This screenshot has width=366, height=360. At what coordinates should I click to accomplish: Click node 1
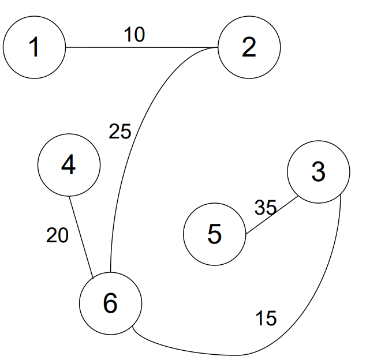pos(34,47)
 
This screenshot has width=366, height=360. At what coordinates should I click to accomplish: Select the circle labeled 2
pos(249,47)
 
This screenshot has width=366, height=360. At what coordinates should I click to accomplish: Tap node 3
pos(319,172)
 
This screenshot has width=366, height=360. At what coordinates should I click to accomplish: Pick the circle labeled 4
pos(69,165)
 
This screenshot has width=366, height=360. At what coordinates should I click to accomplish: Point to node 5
pos(215,234)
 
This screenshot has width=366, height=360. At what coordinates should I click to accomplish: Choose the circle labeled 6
pos(110,303)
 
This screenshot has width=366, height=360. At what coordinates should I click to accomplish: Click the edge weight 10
pos(134,34)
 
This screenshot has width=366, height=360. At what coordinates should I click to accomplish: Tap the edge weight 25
pos(120,132)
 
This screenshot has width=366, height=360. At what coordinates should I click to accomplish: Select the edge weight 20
pos(57,235)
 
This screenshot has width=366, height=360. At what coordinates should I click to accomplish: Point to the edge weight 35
pos(266,208)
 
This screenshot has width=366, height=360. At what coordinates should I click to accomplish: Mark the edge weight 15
pos(266,318)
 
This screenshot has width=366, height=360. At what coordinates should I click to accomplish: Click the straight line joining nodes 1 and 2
pos(141,47)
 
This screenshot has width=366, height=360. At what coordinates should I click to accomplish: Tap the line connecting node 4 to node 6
pos(81,238)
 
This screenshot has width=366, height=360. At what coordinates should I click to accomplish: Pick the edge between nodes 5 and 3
pos(272,215)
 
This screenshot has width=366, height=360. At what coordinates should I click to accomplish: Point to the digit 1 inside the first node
pos(34,47)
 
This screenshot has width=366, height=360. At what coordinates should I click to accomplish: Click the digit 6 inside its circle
pos(110,303)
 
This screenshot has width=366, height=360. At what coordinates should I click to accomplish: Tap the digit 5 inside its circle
pos(214,234)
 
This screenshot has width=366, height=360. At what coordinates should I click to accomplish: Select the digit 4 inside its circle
pos(68,164)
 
